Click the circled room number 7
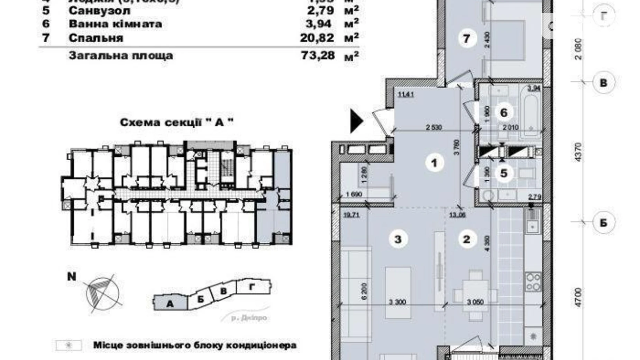coord(466,38)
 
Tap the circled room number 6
coord(503,112)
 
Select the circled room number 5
coord(503,173)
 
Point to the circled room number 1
coord(435,162)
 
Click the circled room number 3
coord(398,239)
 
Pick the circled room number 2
coord(466,239)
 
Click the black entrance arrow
coord(356,121)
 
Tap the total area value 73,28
coord(318,55)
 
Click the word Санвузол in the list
coord(100,11)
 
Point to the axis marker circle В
coord(603,83)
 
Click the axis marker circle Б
coord(603,223)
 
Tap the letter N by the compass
coord(72,277)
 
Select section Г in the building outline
coord(253,287)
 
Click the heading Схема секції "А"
coord(176,123)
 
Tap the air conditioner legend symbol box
coord(69,345)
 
